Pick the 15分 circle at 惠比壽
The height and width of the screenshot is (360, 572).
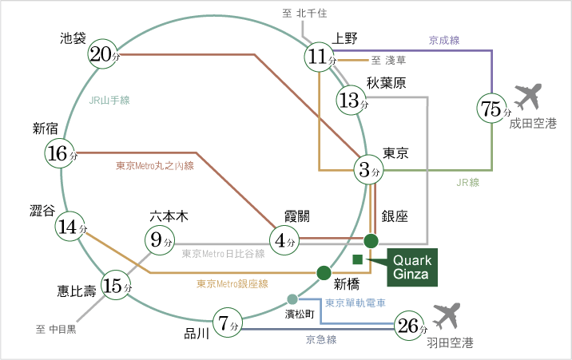[x=117, y=286]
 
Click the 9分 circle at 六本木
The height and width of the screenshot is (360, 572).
[x=160, y=238]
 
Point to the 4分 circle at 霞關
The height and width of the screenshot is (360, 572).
[x=285, y=239]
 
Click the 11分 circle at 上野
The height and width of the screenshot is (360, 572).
[x=320, y=57]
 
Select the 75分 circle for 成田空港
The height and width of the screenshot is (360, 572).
[x=492, y=109]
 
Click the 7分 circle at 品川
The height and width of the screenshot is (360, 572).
[x=228, y=323]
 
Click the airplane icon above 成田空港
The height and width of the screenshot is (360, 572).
[x=529, y=97]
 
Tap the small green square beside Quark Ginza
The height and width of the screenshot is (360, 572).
[x=358, y=259]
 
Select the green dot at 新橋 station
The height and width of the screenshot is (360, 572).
[x=324, y=272]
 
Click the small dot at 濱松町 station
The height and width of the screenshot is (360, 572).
[x=292, y=299]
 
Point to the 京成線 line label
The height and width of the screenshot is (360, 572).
[x=444, y=40]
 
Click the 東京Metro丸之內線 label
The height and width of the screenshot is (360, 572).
[x=155, y=166]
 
